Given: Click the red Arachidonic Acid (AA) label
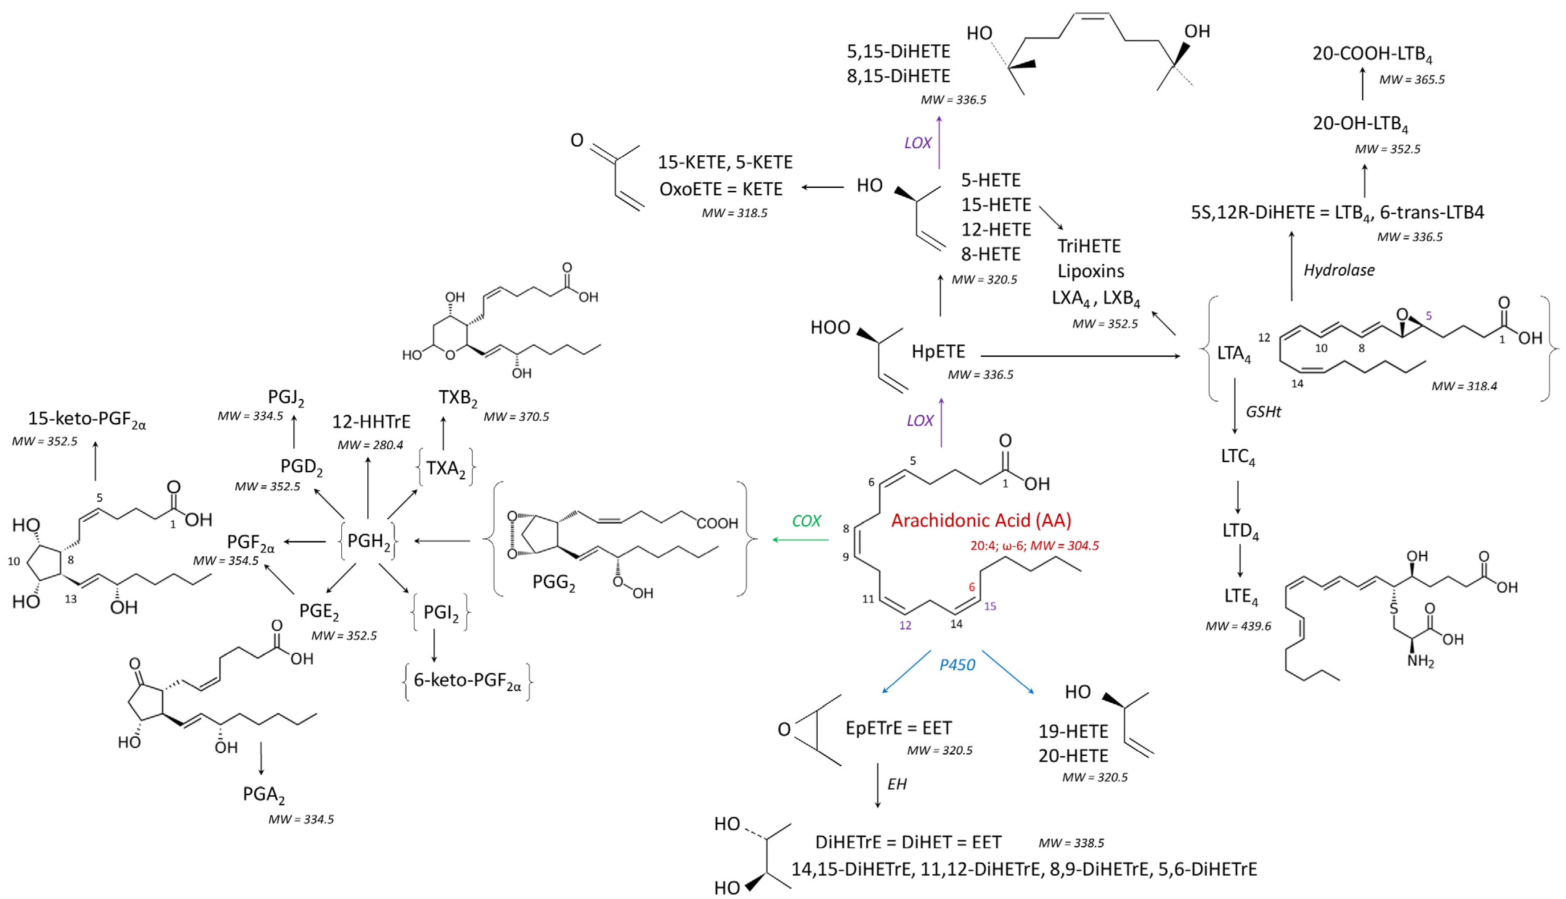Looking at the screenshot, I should click(x=981, y=520).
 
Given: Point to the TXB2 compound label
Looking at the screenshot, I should click(x=457, y=398).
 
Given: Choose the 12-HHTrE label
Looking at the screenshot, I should click(x=371, y=422).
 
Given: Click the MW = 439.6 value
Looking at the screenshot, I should click(x=1238, y=626).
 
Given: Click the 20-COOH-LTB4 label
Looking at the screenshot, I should click(x=1372, y=54).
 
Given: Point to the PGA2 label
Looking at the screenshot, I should click(x=264, y=794).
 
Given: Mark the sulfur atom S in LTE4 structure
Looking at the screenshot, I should click(x=1393, y=609).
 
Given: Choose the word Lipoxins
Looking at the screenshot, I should click(x=1090, y=271).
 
